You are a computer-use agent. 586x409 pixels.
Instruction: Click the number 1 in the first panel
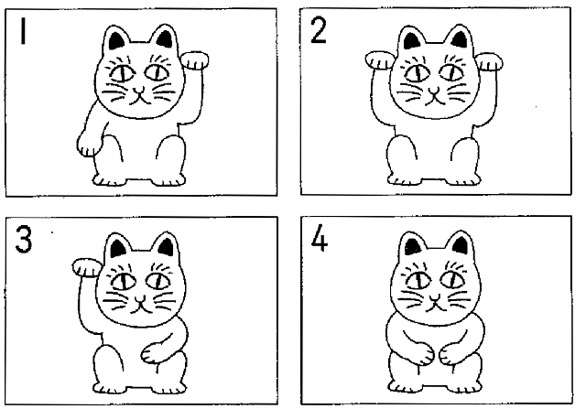[23, 31]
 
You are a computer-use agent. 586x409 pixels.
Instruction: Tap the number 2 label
[319, 30]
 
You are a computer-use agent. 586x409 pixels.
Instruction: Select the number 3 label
[24, 239]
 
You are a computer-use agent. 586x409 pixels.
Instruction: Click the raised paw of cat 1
[195, 60]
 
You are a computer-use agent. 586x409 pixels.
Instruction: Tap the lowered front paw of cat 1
[89, 145]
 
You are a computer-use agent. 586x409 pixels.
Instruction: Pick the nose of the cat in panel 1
[139, 91]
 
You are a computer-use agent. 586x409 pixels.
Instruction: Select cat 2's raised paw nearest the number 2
[379, 60]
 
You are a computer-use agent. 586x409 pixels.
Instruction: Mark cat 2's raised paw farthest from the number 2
[490, 61]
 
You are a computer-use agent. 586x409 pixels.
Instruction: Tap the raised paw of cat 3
[87, 267]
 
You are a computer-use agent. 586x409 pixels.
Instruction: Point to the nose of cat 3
[140, 299]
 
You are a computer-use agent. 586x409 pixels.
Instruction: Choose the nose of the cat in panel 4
[435, 297]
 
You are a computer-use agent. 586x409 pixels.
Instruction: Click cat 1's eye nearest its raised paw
[157, 72]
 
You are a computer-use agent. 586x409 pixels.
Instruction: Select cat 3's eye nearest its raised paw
[125, 281]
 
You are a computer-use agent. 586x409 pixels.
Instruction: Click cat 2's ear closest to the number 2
[413, 38]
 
